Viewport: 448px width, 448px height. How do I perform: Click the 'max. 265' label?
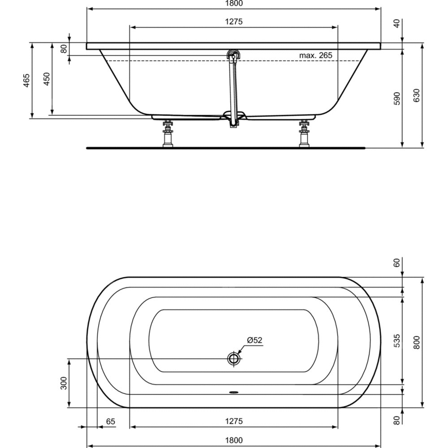pyautogui.click(x=316, y=55)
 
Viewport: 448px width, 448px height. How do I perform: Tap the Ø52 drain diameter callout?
pyautogui.click(x=254, y=340)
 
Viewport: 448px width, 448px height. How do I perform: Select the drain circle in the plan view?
pyautogui.click(x=234, y=358)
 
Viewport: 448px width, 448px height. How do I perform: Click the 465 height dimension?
pyautogui.click(x=26, y=81)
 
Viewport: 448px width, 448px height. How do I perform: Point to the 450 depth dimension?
pyautogui.click(x=47, y=79)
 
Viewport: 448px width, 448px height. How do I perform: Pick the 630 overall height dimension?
pyautogui.click(x=417, y=95)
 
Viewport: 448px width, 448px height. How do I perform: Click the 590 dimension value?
pyautogui.click(x=397, y=98)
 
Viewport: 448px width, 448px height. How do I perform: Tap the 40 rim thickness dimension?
pyautogui.click(x=397, y=23)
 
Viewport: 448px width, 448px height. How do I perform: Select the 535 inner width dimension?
pyautogui.click(x=397, y=340)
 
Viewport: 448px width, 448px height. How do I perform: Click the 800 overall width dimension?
pyautogui.click(x=417, y=342)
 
